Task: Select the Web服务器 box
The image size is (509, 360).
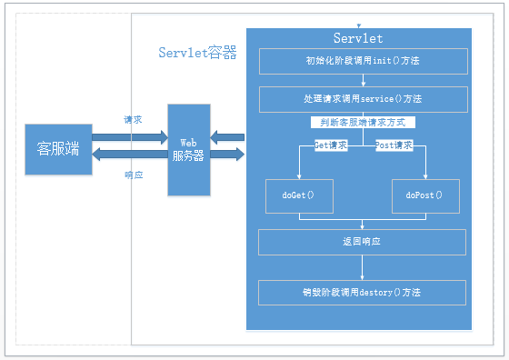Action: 188,149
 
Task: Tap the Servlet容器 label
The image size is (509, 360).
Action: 197,54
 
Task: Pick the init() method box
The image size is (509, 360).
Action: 363,61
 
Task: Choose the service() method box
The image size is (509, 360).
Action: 363,99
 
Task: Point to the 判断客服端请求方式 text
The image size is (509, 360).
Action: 363,122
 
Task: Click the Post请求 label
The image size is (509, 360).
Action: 394,145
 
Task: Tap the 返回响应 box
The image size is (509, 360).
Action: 363,243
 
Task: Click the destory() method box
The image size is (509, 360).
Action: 363,293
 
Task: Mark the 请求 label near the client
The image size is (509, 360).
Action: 133,119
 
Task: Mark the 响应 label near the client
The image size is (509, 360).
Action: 133,175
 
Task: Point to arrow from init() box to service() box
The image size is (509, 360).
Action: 363,80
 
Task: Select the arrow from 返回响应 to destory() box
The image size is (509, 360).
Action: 363,267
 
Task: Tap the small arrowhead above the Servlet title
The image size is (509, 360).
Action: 360,26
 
